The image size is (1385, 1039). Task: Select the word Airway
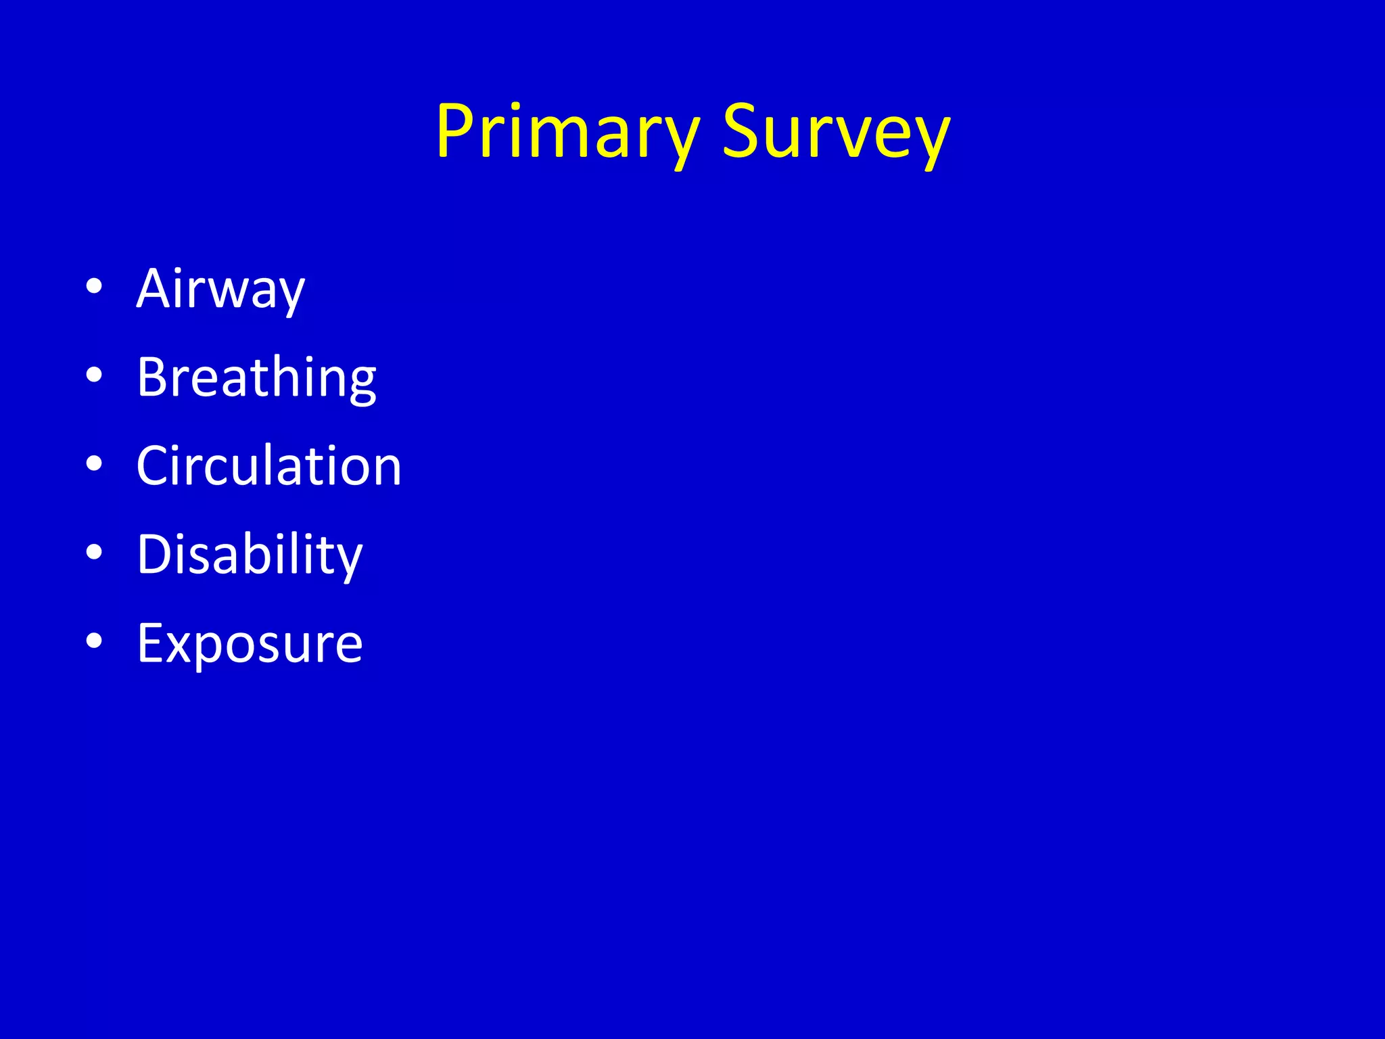point(220,290)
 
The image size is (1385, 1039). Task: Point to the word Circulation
point(268,466)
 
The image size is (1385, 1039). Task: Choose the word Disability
point(250,555)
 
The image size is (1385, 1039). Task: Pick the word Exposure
point(250,644)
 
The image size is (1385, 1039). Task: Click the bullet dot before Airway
point(94,286)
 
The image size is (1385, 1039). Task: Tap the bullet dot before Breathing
point(94,375)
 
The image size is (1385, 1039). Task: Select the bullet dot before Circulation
point(94,463)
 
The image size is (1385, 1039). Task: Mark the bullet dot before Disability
point(94,552)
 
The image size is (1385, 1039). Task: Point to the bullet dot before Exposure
point(94,641)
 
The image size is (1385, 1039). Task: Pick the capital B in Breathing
point(153,377)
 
